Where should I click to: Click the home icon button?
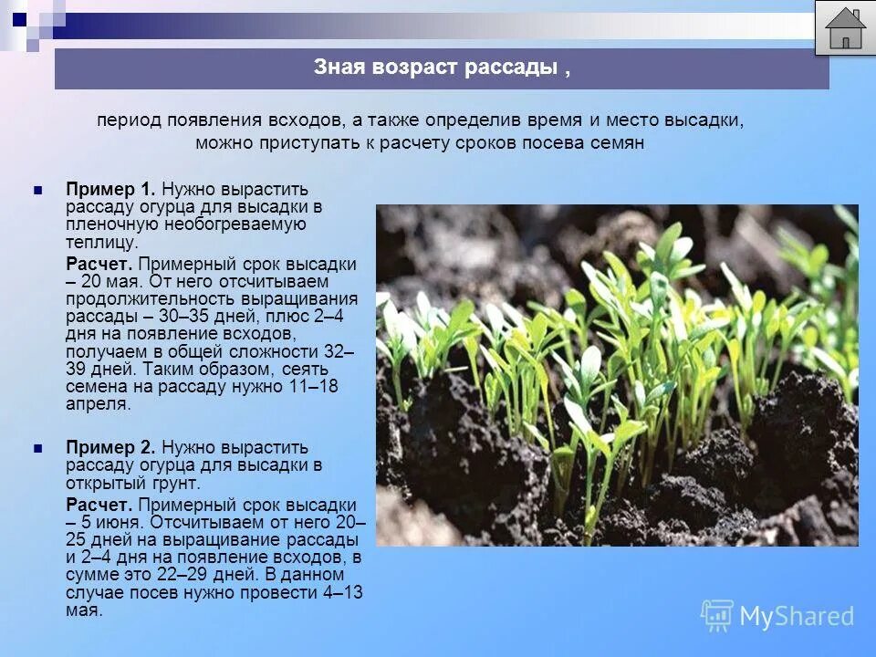(x=845, y=28)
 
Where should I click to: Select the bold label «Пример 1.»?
(x=110, y=189)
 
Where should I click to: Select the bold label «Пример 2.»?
(x=110, y=448)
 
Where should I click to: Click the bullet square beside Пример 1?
(x=38, y=190)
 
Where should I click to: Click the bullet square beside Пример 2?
(x=38, y=449)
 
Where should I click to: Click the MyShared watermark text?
(x=797, y=617)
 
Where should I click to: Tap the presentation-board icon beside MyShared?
(x=716, y=616)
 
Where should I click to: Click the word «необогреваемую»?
(x=234, y=224)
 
